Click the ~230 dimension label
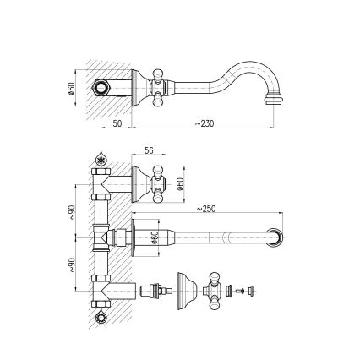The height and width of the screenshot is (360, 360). click(204, 123)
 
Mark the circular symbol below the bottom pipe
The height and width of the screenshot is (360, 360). click(101, 317)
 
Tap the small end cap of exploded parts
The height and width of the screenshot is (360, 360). click(252, 291)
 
